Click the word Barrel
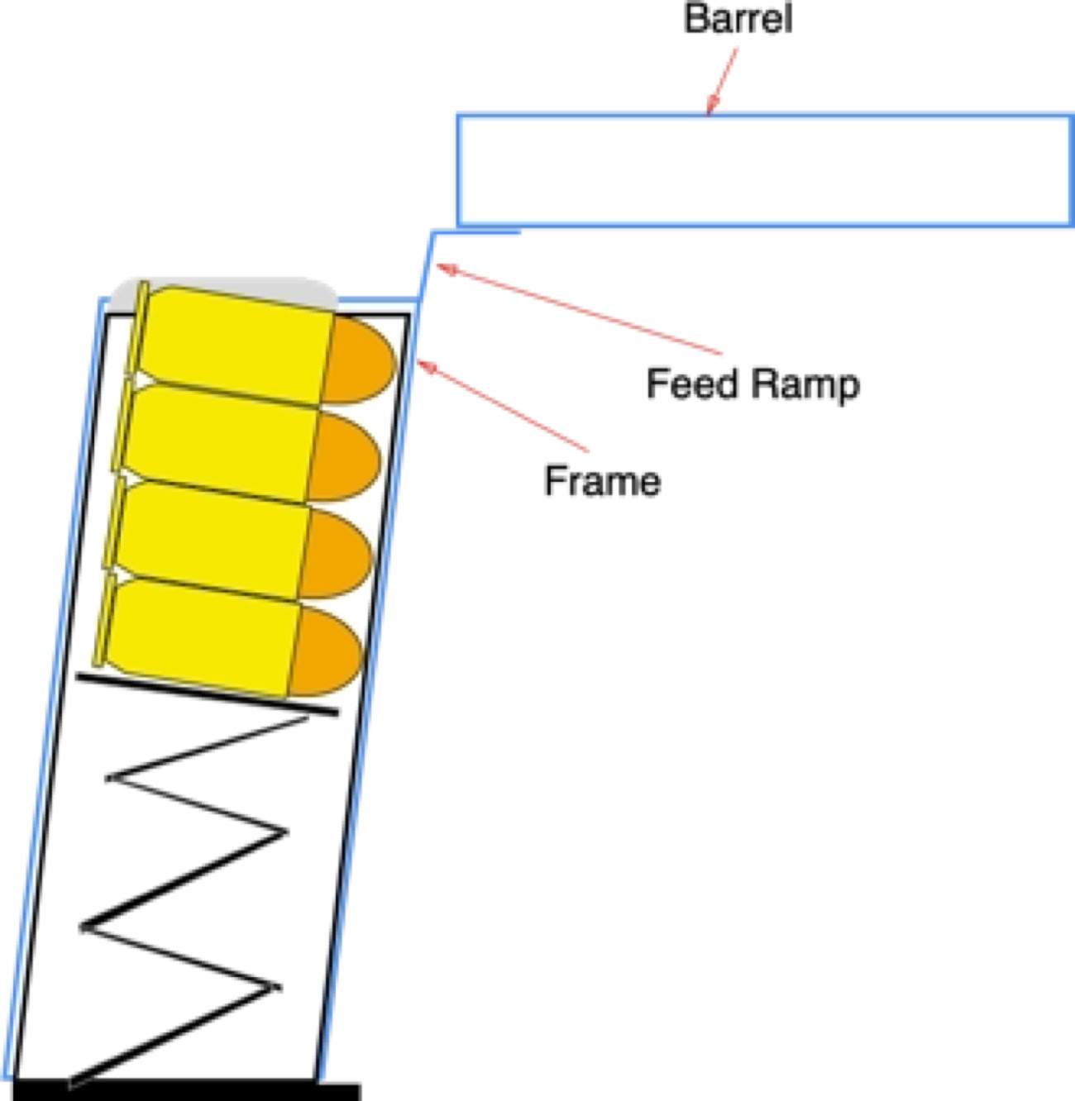738,18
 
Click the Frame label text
602,480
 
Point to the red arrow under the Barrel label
722,81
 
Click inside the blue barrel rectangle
765,169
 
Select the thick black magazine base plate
187,1090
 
